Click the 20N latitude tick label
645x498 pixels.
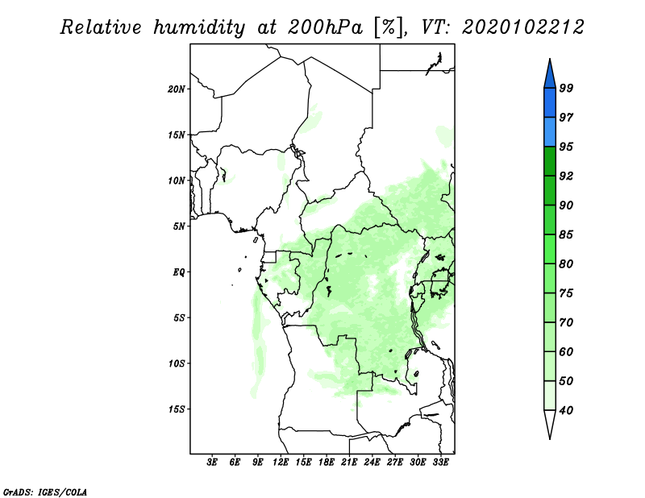pyautogui.click(x=177, y=89)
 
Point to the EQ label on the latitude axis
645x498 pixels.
pyautogui.click(x=178, y=272)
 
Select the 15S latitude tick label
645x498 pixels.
pyautogui.click(x=177, y=409)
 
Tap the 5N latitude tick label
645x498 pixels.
pyautogui.click(x=179, y=226)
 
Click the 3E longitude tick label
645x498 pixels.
pyautogui.click(x=212, y=463)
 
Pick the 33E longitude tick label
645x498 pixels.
pyautogui.click(x=440, y=463)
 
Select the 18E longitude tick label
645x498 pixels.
pyautogui.click(x=327, y=463)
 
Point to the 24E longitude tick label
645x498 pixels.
pyautogui.click(x=372, y=463)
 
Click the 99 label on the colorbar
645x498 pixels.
pyautogui.click(x=566, y=88)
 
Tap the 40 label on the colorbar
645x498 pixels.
pyautogui.click(x=566, y=410)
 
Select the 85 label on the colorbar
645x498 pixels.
pyautogui.click(x=566, y=234)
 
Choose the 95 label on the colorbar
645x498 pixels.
pyautogui.click(x=566, y=147)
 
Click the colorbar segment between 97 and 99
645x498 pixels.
pyautogui.click(x=550, y=103)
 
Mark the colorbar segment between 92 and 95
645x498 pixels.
pyautogui.click(x=550, y=161)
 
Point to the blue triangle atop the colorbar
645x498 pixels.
pyautogui.click(x=550, y=73)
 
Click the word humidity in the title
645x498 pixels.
pyautogui.click(x=199, y=27)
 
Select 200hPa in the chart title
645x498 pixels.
pyautogui.click(x=326, y=27)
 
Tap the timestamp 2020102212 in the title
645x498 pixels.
pyautogui.click(x=522, y=27)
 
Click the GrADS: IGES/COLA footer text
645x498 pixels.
pyautogui.click(x=45, y=492)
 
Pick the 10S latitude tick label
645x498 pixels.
pyautogui.click(x=177, y=363)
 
